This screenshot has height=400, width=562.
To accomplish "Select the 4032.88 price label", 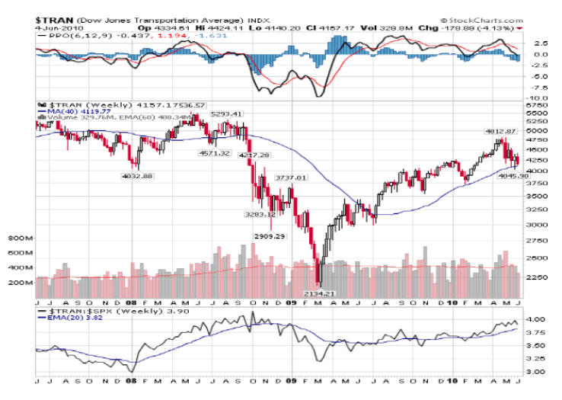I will coord(138,176).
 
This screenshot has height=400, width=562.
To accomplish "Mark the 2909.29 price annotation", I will coord(270,236).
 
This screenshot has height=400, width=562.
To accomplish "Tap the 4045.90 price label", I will coord(513,176).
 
